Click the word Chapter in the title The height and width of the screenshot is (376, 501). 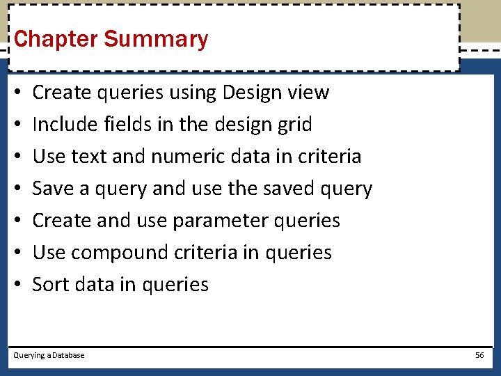point(56,39)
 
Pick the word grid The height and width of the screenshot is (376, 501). point(295,124)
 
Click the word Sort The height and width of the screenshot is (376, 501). point(51,284)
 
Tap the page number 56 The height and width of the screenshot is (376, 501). point(479,355)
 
